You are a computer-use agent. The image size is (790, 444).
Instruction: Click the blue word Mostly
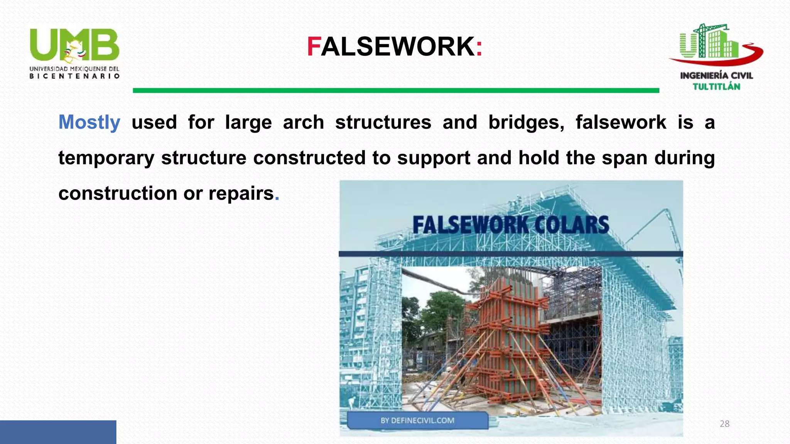[89, 123]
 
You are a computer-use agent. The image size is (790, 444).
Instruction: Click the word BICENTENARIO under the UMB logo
[74, 76]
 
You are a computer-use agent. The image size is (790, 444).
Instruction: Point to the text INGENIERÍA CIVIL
[716, 76]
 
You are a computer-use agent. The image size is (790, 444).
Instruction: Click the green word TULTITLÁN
[716, 87]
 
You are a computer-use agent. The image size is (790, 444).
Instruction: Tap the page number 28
[724, 424]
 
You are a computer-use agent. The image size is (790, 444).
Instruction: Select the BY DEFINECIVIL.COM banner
[417, 420]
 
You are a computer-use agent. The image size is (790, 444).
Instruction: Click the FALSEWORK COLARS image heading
[511, 225]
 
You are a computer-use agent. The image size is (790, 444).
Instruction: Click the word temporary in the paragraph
[106, 158]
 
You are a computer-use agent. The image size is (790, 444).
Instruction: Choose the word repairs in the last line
[241, 193]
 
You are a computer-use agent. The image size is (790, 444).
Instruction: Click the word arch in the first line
[303, 123]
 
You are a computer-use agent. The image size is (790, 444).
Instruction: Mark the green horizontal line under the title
[396, 91]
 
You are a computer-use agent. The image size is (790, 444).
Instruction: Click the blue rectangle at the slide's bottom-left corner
[58, 432]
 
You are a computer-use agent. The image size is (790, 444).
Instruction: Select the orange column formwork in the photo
[505, 331]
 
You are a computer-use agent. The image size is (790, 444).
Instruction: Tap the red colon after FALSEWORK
[479, 48]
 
